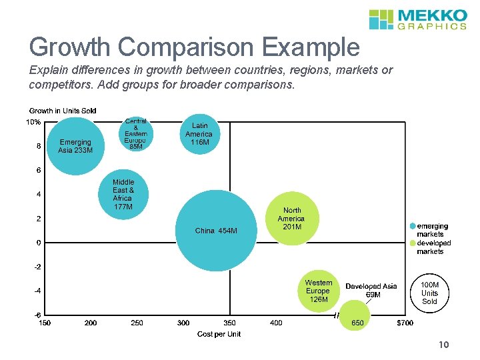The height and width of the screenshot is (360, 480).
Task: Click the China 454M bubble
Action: (x=216, y=231)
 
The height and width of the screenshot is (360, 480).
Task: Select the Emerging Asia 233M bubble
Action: (x=75, y=145)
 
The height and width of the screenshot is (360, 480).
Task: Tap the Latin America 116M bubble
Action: (x=199, y=133)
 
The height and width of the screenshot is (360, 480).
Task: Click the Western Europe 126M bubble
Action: (x=318, y=291)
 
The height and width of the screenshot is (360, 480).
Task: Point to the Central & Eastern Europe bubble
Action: (x=136, y=134)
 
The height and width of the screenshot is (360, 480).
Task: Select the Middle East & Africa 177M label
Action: (x=123, y=194)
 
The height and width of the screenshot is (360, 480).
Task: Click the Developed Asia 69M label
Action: (x=371, y=290)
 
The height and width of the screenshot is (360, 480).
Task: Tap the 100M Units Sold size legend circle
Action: (x=430, y=293)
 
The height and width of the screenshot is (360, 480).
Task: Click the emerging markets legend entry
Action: (x=432, y=230)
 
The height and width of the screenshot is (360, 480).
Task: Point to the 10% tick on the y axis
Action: (x=33, y=122)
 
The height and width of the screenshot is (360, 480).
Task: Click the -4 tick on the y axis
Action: (x=39, y=291)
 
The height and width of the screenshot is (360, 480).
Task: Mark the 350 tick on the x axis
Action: (x=229, y=323)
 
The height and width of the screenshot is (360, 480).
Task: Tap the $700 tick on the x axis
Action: (x=405, y=323)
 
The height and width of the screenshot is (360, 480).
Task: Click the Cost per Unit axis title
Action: (x=219, y=334)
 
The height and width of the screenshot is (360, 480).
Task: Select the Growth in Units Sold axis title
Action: (x=63, y=110)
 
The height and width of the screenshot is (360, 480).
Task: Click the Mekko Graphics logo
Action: (x=418, y=19)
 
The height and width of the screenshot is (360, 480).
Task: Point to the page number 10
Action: (x=445, y=345)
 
